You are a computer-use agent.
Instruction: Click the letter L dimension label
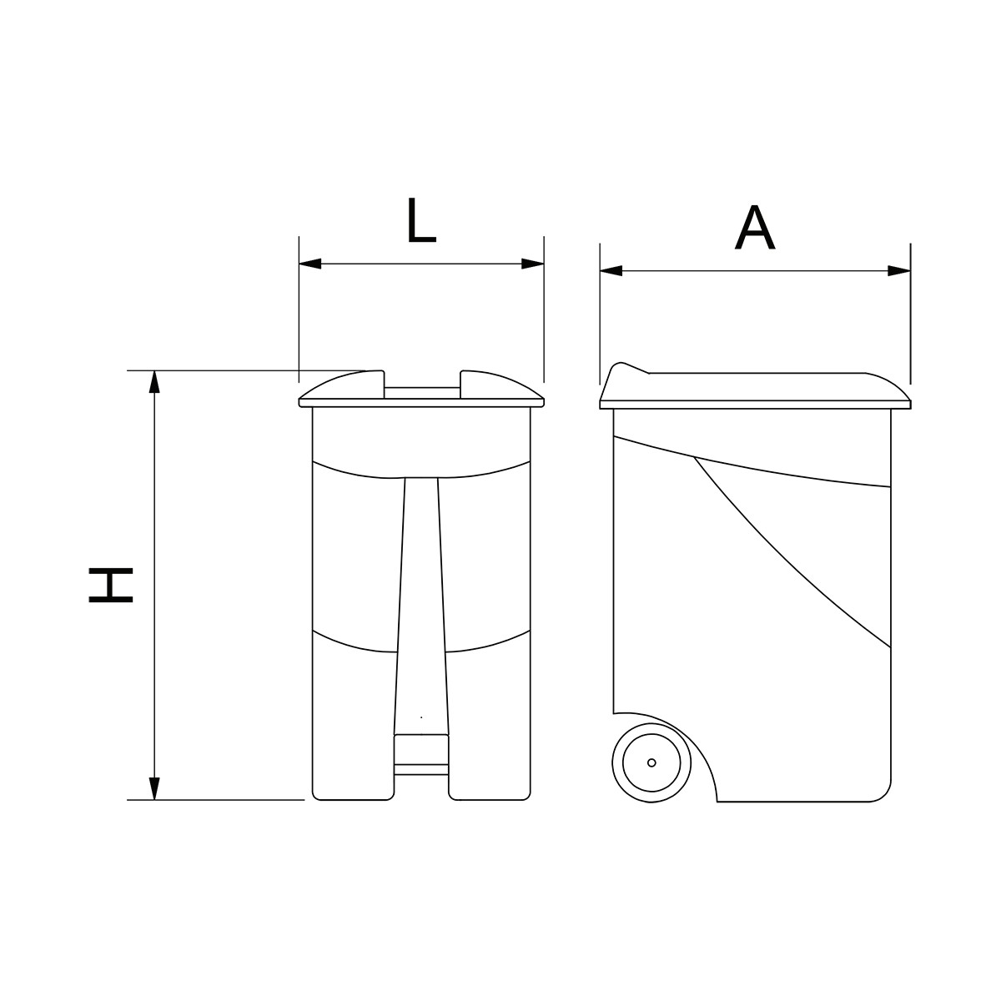point(420,220)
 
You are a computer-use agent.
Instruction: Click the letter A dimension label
point(754,227)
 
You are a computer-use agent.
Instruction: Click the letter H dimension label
point(111,585)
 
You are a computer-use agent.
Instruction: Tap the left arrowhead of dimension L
point(310,264)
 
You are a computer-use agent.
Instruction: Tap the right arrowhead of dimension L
point(532,264)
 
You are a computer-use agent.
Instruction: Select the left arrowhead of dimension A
point(611,270)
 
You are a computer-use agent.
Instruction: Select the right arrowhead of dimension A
point(899,270)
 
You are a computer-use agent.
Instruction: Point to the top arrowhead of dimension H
point(154,382)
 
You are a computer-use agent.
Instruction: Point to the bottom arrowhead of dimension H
point(154,788)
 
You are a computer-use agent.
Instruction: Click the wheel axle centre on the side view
point(651,762)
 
